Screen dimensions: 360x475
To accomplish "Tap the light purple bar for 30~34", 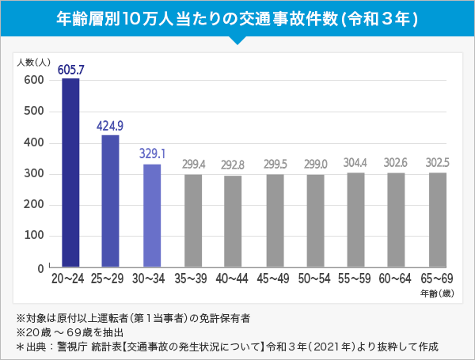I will coord(152,216).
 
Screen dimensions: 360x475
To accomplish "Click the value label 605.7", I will coord(70,69).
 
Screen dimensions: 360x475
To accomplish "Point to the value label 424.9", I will coord(111,126).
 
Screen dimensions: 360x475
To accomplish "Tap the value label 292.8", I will coord(234,165).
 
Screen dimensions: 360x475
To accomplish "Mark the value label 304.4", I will coord(356,162).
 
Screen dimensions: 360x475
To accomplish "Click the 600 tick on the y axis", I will coord(33,81).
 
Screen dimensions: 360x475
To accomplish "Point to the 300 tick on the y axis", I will coord(33,174).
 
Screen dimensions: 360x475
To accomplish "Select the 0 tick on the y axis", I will coord(39,268).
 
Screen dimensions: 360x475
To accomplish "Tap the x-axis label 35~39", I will coord(193,280).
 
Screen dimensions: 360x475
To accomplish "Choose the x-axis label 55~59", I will coord(356,280).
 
